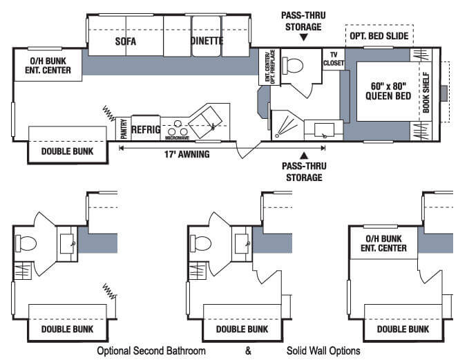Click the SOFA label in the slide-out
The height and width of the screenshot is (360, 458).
(x=126, y=41)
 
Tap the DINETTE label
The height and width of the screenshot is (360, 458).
(x=207, y=41)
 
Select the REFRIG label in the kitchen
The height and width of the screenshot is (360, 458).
(x=146, y=129)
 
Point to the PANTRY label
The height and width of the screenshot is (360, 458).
(x=124, y=129)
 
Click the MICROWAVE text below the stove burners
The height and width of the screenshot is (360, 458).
(x=178, y=138)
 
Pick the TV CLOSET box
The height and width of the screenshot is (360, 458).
(x=334, y=59)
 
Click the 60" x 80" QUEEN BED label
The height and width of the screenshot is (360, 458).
(x=388, y=91)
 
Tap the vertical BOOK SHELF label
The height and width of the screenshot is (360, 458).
(x=426, y=93)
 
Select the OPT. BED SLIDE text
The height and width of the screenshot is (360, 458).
(x=379, y=36)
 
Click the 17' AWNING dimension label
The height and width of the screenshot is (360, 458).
(x=187, y=154)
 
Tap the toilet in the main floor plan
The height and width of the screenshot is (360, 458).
(x=292, y=66)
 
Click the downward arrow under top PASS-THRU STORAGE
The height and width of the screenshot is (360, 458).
(x=304, y=37)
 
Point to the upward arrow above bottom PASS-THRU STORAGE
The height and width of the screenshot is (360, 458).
(x=305, y=155)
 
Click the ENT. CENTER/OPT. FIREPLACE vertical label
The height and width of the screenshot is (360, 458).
(x=270, y=67)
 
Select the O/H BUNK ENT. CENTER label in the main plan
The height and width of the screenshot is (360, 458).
(x=48, y=66)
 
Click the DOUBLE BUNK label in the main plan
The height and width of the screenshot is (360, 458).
(x=67, y=151)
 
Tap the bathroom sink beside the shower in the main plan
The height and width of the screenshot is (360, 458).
(x=324, y=131)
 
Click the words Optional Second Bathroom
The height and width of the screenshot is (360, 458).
(x=151, y=350)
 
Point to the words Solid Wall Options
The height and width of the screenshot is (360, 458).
(x=323, y=350)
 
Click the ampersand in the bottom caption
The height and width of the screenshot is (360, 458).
(x=248, y=350)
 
